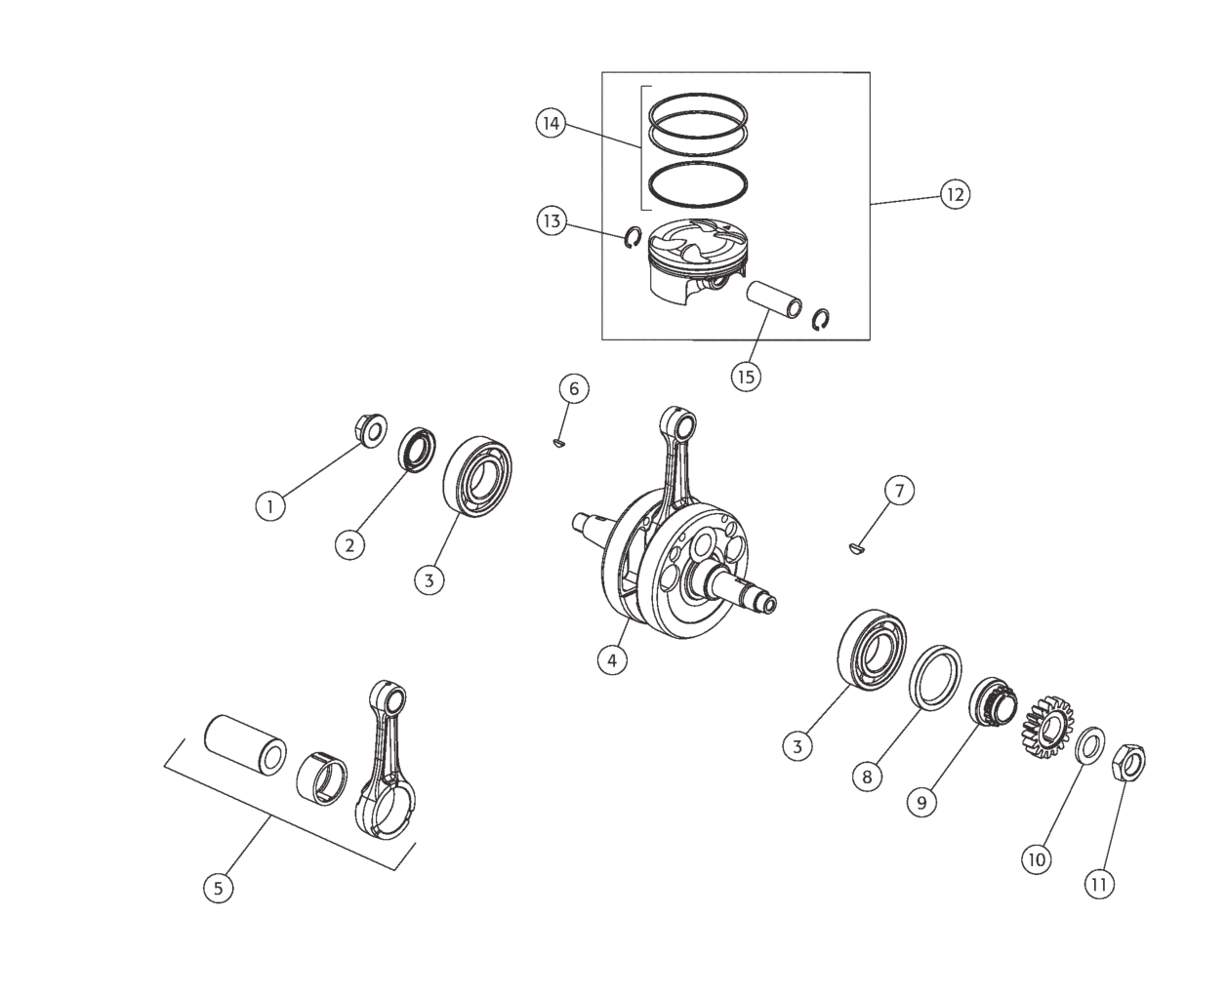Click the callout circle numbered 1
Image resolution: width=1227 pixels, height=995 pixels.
(270, 506)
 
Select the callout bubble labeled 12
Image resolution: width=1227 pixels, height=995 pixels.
(955, 194)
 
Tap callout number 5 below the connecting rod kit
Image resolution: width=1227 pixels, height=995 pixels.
(219, 888)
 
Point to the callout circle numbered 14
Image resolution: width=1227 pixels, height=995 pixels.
(551, 123)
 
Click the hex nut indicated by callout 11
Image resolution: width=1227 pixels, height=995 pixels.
(1127, 761)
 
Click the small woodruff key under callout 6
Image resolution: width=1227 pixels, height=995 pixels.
(558, 443)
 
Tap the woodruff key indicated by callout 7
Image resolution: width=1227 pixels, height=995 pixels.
(858, 548)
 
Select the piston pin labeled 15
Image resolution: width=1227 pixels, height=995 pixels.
(774, 299)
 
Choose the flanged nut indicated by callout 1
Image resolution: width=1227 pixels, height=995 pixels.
(370, 429)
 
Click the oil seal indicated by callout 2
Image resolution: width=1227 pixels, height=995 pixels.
(417, 450)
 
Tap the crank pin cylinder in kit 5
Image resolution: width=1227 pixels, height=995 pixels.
(246, 743)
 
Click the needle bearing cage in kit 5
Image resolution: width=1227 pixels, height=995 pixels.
(321, 778)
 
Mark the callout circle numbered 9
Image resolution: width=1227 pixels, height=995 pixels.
(921, 802)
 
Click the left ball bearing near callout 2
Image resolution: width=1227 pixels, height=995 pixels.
(477, 476)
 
